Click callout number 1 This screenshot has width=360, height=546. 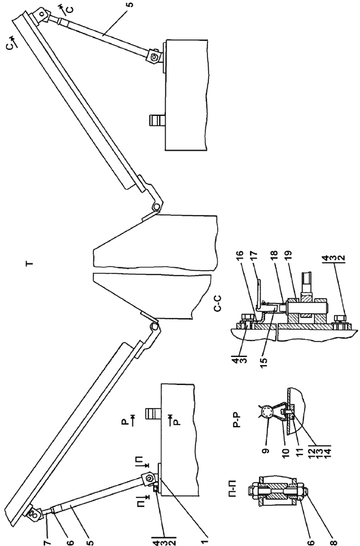205,540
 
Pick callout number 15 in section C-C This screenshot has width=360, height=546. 264,360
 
